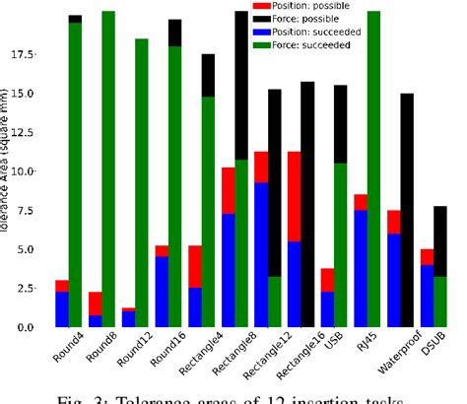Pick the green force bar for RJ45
tap(373, 168)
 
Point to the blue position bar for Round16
tap(162, 292)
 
